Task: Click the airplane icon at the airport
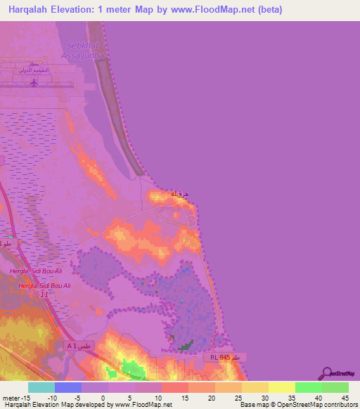[34, 82]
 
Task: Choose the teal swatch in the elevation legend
[41, 387]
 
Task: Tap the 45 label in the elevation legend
[344, 398]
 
